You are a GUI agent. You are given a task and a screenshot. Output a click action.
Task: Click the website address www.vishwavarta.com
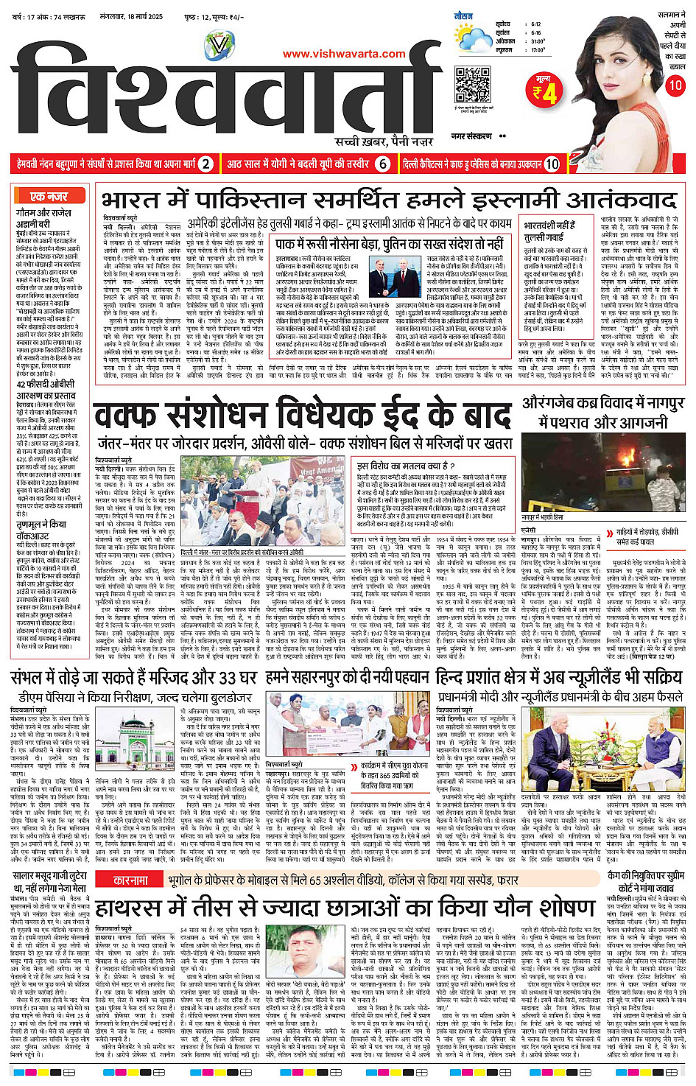(x=344, y=54)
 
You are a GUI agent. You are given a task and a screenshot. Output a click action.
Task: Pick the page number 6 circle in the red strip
(x=382, y=164)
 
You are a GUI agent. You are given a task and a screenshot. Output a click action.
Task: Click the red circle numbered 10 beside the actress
(x=675, y=85)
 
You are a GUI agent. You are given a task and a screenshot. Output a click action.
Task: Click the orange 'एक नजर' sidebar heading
(x=49, y=197)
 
